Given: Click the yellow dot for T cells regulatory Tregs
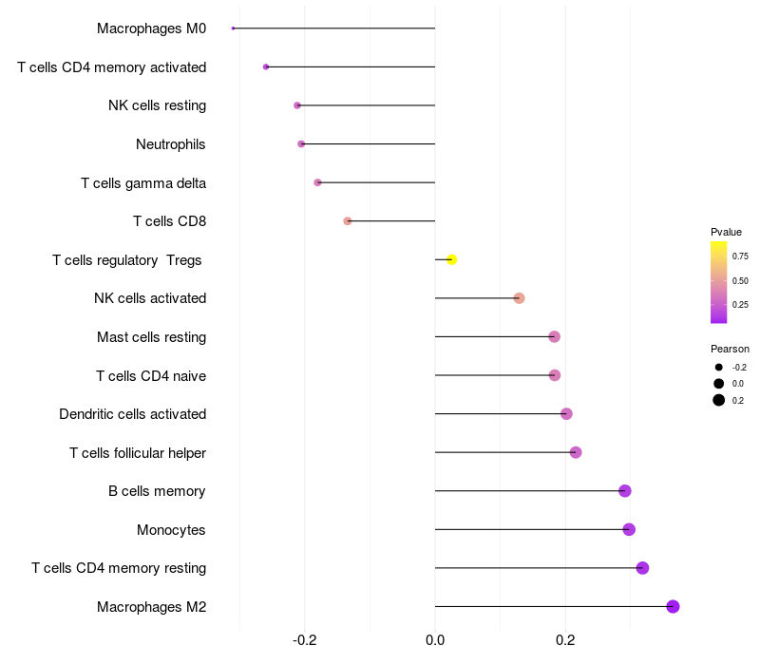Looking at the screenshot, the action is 451,259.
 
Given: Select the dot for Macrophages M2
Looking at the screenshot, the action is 673,606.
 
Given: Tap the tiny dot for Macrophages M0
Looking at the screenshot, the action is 233,28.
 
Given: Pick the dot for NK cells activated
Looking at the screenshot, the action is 519,298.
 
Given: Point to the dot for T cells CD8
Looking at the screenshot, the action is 348,221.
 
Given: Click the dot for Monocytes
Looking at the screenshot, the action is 629,529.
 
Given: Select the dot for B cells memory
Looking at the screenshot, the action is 625,491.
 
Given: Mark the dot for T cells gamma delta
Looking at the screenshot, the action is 317,182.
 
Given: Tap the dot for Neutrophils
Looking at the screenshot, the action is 301,144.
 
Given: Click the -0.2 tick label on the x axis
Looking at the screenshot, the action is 304,640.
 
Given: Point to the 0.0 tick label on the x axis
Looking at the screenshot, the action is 435,640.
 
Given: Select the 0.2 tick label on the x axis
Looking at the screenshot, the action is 565,640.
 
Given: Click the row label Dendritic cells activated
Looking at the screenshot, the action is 133,414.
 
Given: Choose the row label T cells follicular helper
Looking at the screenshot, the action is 138,453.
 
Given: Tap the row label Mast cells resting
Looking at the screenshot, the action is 152,337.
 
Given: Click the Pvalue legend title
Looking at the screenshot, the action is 726,232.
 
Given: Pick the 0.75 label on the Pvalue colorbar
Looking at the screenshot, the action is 740,256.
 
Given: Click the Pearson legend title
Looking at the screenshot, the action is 730,349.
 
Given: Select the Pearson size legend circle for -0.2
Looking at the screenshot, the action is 719,368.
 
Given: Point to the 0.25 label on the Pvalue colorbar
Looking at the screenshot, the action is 740,305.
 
